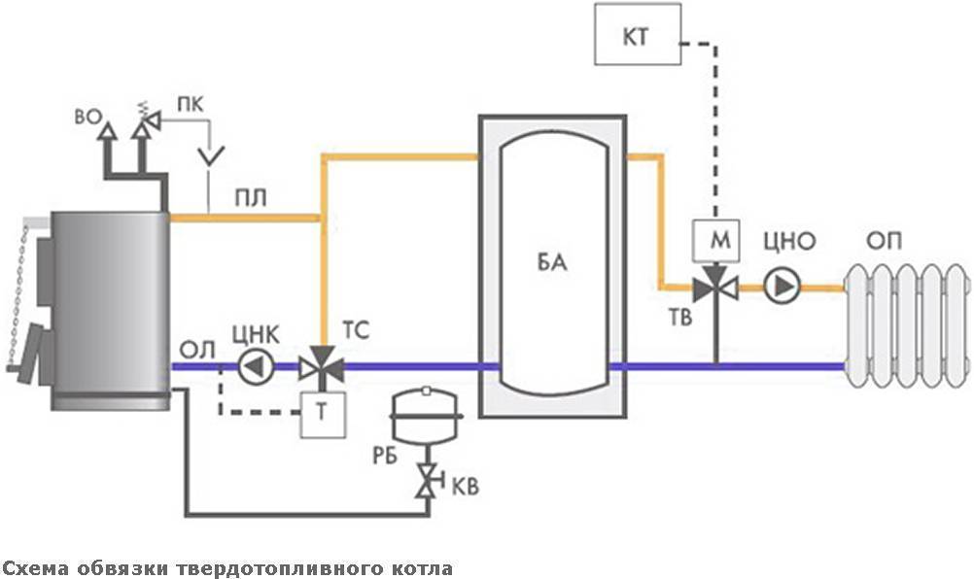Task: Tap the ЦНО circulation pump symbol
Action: coord(778,287)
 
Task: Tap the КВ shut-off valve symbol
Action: coord(426,480)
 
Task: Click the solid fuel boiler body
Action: coord(109,306)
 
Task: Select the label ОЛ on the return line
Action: coord(192,348)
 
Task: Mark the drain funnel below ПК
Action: coord(209,153)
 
